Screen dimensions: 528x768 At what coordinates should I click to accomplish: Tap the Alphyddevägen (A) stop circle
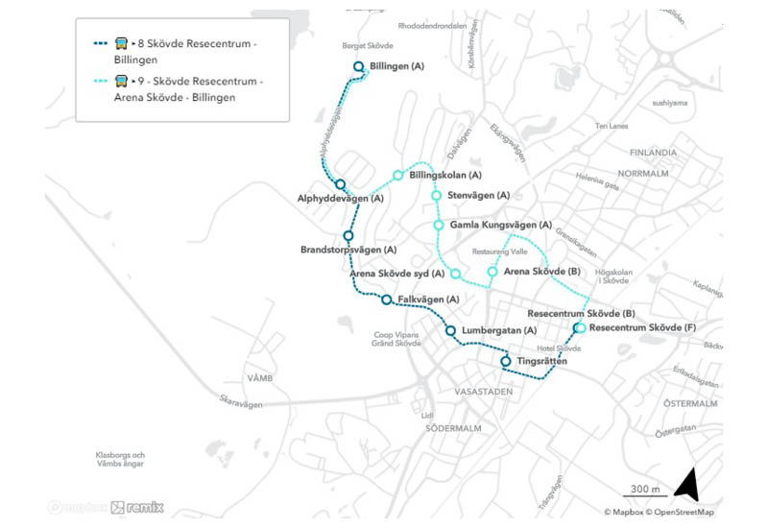(x=340, y=183)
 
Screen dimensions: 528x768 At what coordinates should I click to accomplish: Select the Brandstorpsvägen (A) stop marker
(x=348, y=235)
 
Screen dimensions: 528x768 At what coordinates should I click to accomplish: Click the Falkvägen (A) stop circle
(x=386, y=300)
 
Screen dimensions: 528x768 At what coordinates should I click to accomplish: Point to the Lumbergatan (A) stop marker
(x=450, y=331)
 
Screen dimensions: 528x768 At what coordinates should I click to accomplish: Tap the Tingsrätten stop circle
(x=506, y=361)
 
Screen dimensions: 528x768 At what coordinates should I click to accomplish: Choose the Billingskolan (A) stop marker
(x=397, y=175)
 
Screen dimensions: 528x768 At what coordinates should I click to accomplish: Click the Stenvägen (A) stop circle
(x=436, y=196)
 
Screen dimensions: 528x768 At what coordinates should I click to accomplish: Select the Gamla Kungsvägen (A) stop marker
(x=439, y=225)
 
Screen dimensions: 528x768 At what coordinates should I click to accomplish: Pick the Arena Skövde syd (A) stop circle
(x=455, y=275)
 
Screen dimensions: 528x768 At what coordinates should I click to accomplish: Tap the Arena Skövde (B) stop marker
(x=492, y=272)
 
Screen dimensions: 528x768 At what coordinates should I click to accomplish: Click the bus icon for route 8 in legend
(x=122, y=43)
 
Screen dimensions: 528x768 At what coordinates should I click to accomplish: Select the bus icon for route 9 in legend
(x=122, y=82)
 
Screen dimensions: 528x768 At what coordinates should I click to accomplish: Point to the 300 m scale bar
(x=638, y=497)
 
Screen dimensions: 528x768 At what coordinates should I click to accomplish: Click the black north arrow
(x=687, y=485)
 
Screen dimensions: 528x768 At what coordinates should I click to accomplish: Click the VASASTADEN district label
(x=479, y=392)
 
